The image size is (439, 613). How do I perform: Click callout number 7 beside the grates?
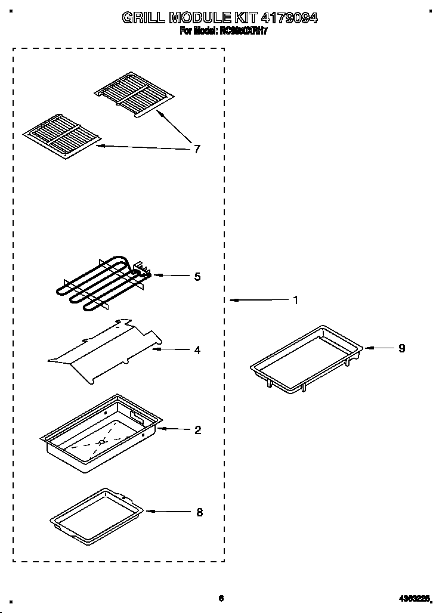[197, 149]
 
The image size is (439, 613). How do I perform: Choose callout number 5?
[197, 277]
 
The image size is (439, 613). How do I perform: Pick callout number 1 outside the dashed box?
[295, 300]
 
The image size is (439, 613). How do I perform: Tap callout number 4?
[197, 350]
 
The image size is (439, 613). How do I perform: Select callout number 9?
[401, 348]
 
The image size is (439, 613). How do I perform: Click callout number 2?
[198, 430]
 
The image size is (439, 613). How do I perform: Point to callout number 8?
[199, 512]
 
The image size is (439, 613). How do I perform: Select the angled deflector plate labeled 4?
[104, 352]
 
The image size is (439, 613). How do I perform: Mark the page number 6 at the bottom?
[221, 598]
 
